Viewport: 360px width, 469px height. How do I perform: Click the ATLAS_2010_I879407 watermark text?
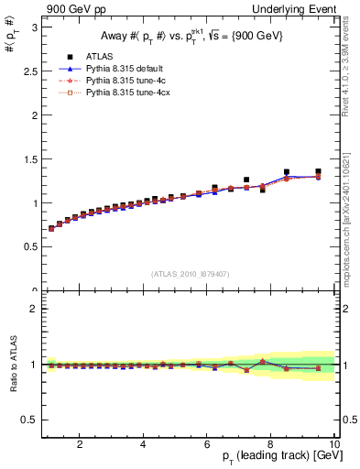(x=191, y=273)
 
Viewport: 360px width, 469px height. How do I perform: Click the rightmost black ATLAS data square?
(x=318, y=171)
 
